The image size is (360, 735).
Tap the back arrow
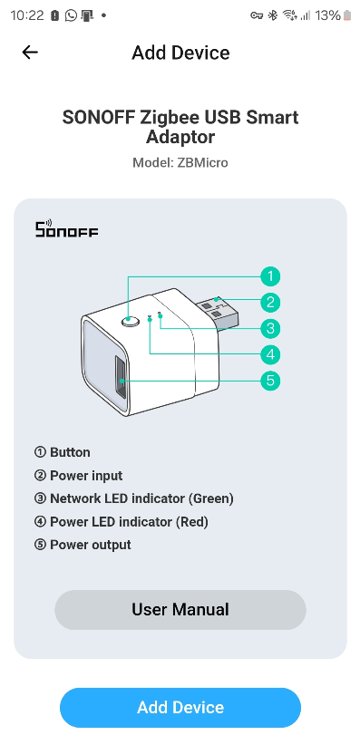[30, 53]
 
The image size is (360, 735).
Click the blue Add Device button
[180, 708]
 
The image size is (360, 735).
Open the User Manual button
[180, 610]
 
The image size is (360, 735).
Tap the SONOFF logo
[66, 229]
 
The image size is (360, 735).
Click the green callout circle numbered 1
[269, 276]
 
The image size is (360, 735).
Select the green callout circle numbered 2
[269, 303]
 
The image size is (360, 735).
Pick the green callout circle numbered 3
[269, 328]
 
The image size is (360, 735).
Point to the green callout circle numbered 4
[269, 354]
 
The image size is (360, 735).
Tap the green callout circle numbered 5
[269, 381]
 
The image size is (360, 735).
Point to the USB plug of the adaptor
[218, 311]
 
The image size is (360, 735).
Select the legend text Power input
[86, 476]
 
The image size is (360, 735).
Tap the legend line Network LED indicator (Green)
[141, 498]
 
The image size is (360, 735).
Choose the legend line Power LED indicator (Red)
[131, 522]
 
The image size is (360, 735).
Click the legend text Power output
[91, 545]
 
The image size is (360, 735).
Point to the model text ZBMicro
[203, 163]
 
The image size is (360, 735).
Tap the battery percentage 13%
[328, 15]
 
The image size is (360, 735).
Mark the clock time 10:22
[24, 15]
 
